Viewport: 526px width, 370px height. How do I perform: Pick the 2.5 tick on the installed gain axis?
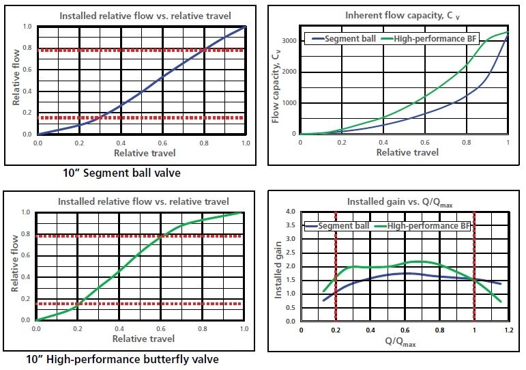coord(289,253)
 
